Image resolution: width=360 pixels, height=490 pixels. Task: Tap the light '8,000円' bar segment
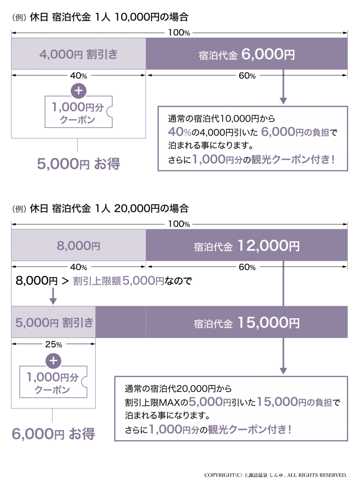coord(79,246)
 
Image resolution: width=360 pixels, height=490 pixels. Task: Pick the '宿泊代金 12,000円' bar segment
coord(247,246)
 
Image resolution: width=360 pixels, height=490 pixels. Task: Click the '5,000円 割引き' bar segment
coord(54,323)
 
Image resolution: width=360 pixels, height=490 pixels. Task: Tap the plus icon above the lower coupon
coord(53,360)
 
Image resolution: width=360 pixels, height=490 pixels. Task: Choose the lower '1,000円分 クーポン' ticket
coord(54,383)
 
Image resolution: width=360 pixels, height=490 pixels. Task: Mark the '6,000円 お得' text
coord(53,434)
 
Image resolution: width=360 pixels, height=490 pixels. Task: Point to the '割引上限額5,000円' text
coord(118,281)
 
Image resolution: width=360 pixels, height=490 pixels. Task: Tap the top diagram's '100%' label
coord(180,33)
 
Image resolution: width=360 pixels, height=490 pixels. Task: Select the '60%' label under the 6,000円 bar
coord(247,76)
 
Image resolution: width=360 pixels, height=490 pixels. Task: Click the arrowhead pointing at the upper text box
coord(283,101)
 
